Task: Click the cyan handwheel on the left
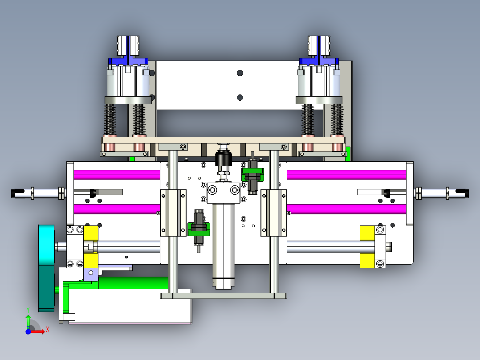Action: [x=46, y=268]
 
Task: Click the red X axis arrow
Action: [x=38, y=331]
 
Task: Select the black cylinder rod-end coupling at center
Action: [x=224, y=159]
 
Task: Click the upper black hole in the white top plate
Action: [x=240, y=73]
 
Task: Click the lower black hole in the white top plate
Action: [x=240, y=98]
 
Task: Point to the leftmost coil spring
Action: [x=110, y=119]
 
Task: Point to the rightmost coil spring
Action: [x=337, y=119]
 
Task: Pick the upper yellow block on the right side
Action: [x=367, y=233]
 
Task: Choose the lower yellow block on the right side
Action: [x=367, y=261]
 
